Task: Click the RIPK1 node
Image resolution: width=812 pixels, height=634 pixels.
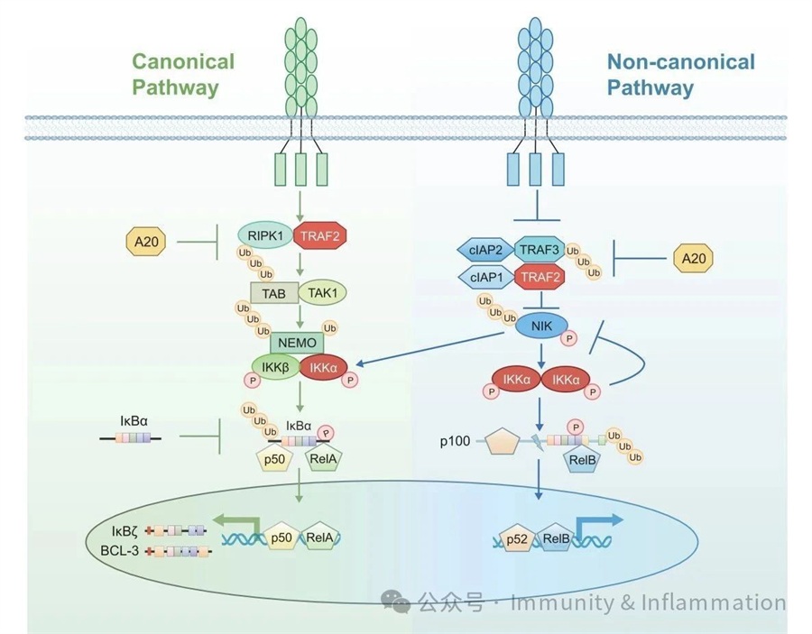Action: (265, 236)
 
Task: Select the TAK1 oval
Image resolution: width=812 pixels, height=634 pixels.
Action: (322, 293)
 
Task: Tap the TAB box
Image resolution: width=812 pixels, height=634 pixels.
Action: (274, 293)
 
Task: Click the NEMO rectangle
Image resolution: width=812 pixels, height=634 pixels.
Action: (297, 343)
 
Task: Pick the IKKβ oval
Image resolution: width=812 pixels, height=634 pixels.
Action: (275, 367)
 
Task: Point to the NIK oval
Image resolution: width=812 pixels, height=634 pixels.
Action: (541, 326)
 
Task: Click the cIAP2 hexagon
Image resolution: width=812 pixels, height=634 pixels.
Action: (485, 250)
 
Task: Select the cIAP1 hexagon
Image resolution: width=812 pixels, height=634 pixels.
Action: (486, 277)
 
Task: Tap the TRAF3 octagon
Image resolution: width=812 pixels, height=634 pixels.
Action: (540, 250)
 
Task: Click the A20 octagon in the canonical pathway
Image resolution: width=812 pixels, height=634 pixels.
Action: (146, 242)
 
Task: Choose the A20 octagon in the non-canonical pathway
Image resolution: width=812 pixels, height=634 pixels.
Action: (693, 258)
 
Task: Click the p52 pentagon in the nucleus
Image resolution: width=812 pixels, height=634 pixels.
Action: (516, 539)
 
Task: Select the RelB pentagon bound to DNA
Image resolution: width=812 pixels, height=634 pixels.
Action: (555, 538)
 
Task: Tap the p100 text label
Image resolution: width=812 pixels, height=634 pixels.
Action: (455, 441)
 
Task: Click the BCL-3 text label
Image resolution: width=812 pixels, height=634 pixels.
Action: (120, 551)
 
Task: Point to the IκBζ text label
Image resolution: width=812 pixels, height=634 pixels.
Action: (125, 531)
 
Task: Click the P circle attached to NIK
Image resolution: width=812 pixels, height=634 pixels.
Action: (569, 339)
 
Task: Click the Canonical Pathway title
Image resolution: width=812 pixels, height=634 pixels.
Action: (183, 74)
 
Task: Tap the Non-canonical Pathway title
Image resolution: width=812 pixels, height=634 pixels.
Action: (680, 75)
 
